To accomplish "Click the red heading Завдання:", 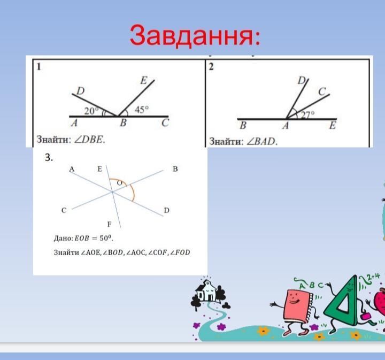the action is tap(195, 35).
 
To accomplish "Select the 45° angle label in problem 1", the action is tap(142, 110).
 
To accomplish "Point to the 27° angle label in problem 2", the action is tap(307, 115).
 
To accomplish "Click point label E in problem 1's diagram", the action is tap(144, 80).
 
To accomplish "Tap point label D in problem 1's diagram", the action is tap(80, 91).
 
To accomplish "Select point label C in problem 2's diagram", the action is tap(322, 91).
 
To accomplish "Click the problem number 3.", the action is tap(49, 157).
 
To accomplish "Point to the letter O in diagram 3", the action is tap(119, 183).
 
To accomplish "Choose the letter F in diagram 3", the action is tap(109, 224).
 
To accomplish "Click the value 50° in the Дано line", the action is tap(106, 238).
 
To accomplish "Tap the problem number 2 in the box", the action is tap(211, 67).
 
